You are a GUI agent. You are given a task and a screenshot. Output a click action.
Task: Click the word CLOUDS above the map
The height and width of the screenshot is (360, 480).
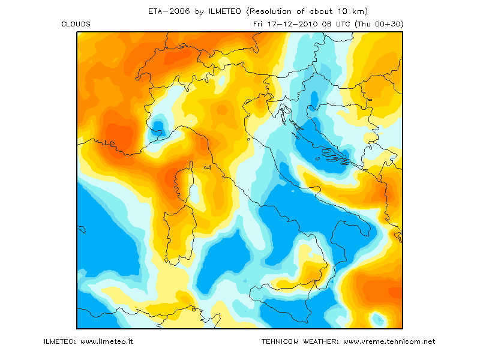(x=76, y=24)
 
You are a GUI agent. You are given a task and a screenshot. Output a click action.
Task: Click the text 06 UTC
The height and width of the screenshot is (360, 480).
(x=334, y=24)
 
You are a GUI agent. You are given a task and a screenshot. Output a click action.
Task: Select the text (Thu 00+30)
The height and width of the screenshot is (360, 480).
(x=379, y=24)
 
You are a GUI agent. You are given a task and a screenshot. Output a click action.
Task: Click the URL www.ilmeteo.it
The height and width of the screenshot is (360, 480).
(x=106, y=341)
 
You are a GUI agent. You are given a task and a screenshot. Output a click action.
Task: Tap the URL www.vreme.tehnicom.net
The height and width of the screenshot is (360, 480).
(x=389, y=341)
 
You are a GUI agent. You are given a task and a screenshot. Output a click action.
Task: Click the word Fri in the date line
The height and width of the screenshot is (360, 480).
(x=259, y=24)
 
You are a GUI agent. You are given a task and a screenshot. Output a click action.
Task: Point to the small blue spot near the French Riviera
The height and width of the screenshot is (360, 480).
(x=158, y=127)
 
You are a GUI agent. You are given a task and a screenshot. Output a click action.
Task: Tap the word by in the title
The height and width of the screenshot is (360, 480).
(x=199, y=11)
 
